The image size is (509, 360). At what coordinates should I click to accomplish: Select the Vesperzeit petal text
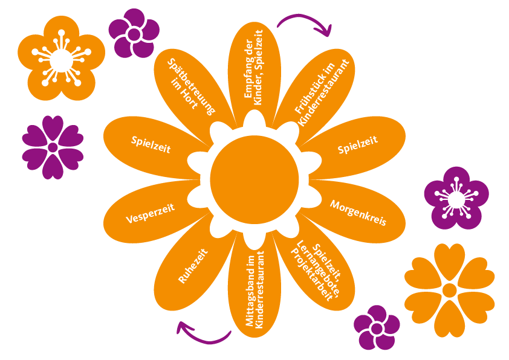(x=151, y=213)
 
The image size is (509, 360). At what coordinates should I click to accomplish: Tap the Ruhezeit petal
(x=193, y=266)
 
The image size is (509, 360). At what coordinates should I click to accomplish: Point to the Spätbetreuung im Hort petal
(x=192, y=85)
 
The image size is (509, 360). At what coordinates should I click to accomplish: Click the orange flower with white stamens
(x=60, y=59)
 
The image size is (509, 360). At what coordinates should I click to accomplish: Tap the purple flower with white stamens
(x=456, y=199)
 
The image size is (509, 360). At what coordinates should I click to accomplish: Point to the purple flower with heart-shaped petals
(x=53, y=147)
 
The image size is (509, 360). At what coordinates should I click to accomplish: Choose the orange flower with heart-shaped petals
(x=449, y=290)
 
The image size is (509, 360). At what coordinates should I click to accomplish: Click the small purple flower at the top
(x=133, y=33)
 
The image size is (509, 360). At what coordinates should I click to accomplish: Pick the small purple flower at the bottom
(x=377, y=327)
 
